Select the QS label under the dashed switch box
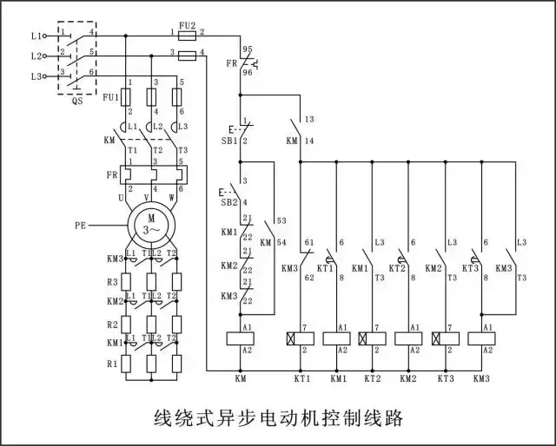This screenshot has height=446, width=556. click(x=76, y=99)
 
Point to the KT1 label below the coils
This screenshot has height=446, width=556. click(x=301, y=380)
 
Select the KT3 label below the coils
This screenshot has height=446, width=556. click(x=446, y=380)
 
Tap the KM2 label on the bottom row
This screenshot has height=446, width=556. click(x=409, y=380)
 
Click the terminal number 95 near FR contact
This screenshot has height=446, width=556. click(x=247, y=50)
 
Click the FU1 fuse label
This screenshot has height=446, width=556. click(x=110, y=95)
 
